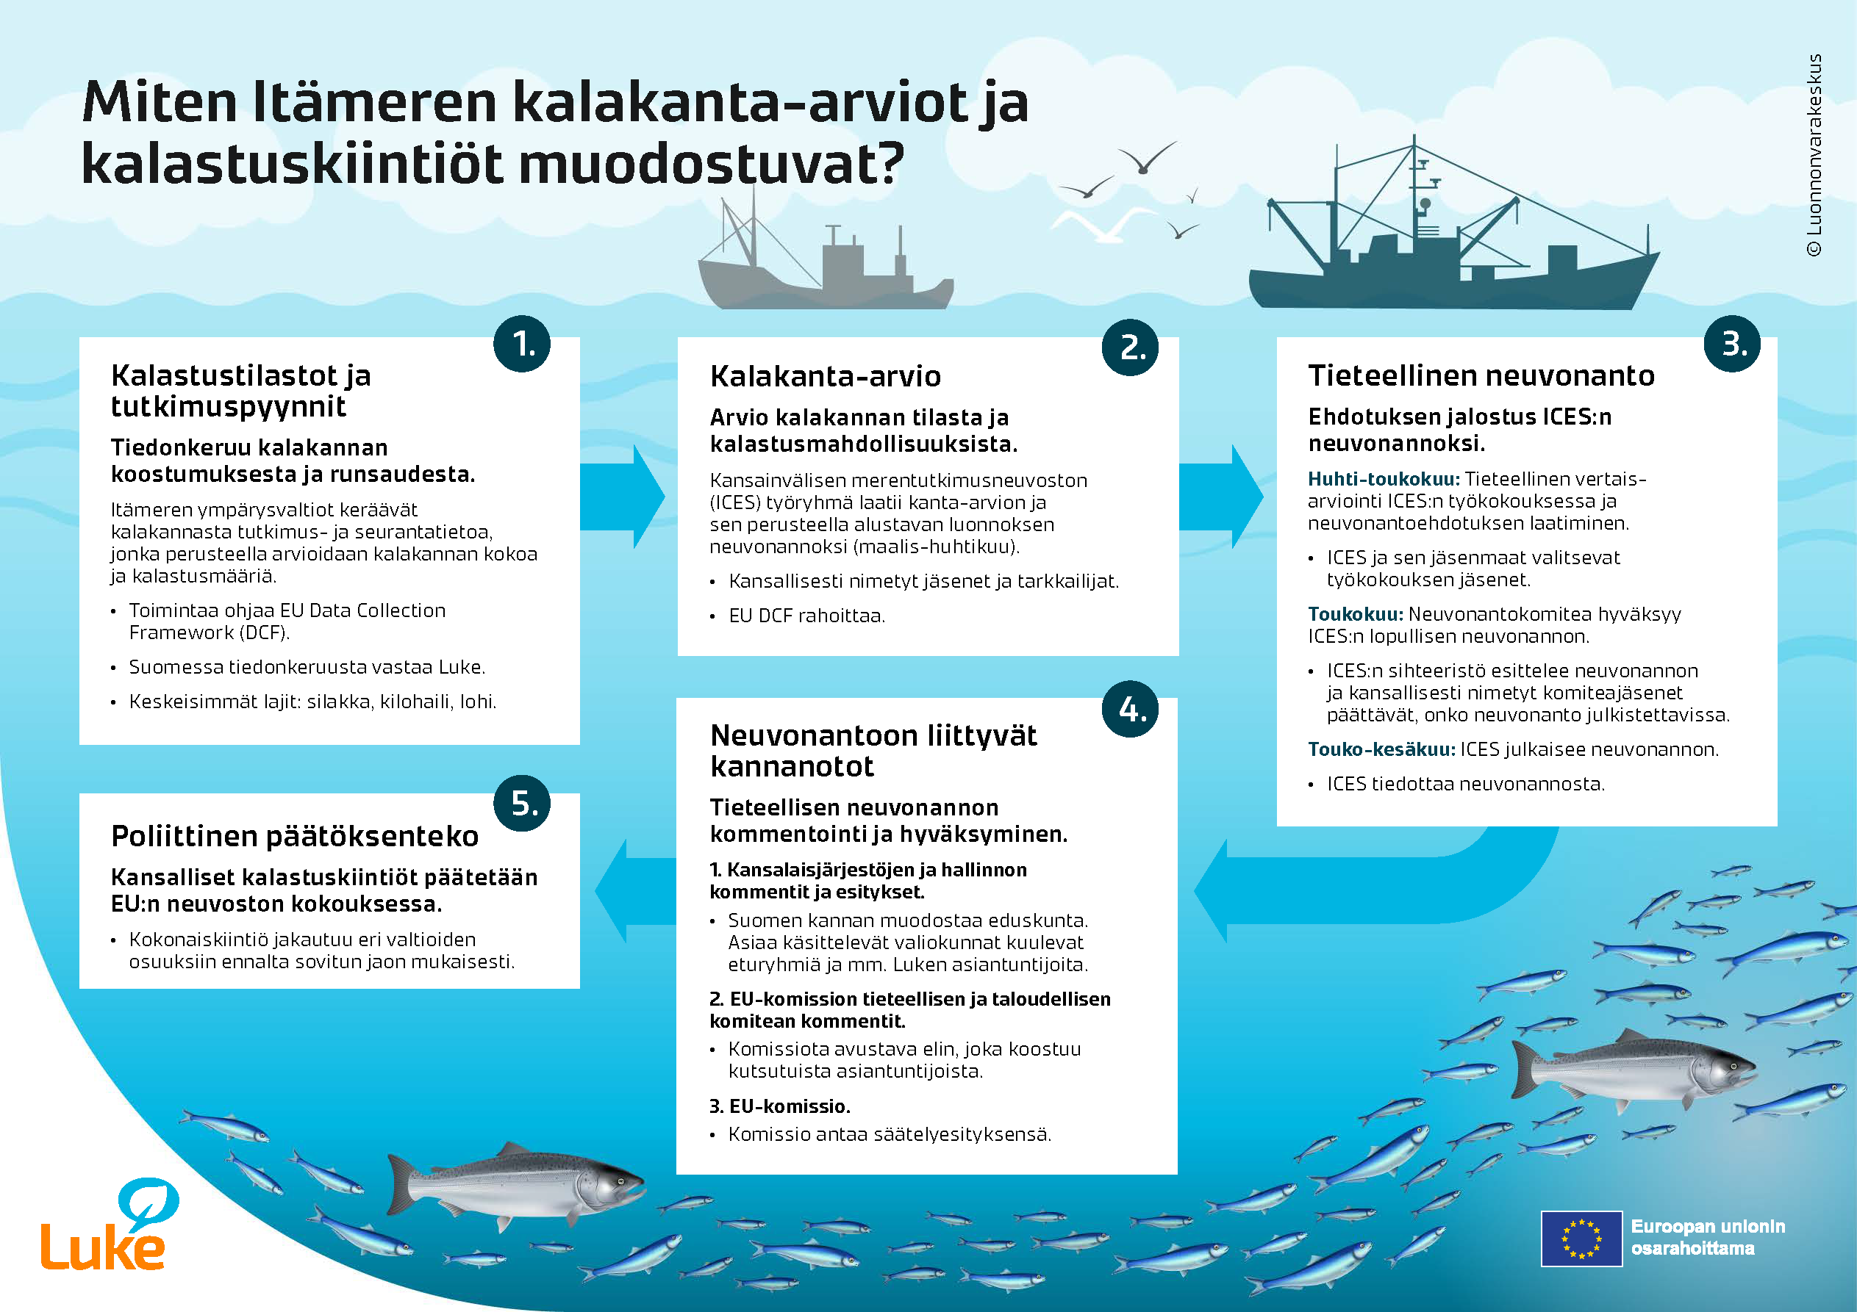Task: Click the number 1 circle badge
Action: point(522,344)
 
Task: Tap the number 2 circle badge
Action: point(1130,347)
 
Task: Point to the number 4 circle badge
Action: point(1130,709)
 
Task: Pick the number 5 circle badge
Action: point(522,803)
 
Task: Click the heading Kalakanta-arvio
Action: point(825,377)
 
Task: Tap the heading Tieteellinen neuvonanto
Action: point(1481,376)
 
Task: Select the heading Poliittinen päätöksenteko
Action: point(294,836)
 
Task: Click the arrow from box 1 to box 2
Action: point(623,497)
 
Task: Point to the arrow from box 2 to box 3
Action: point(1221,497)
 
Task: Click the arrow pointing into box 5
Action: point(636,890)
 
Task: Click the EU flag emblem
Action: point(1581,1238)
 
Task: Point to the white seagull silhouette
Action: point(1104,223)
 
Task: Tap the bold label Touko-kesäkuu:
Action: point(1381,749)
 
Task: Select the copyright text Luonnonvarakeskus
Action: point(1814,154)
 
